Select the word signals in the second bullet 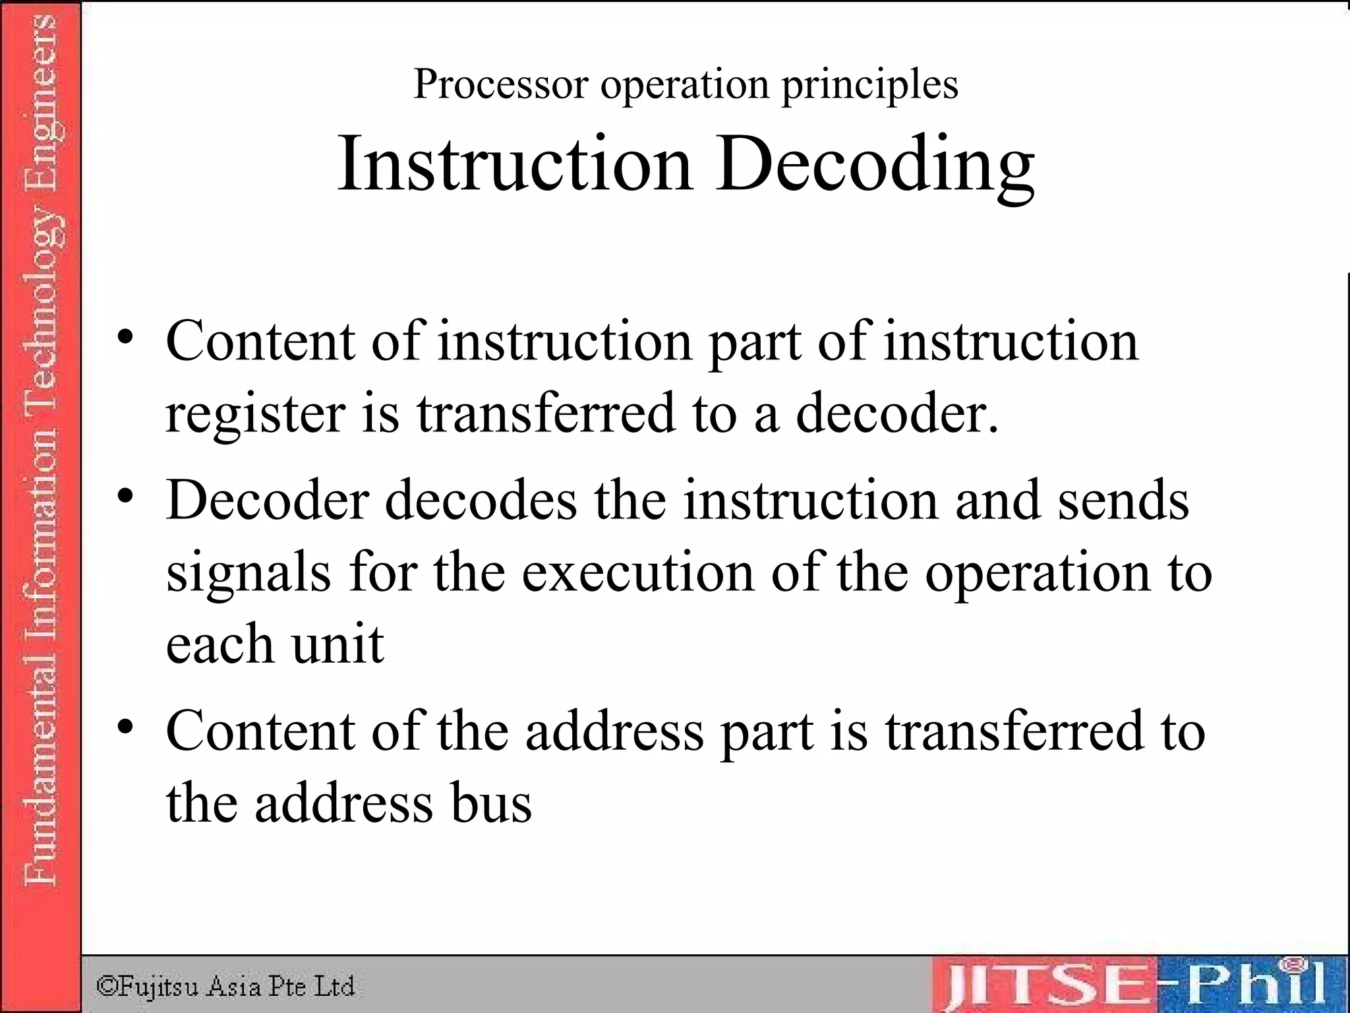(x=249, y=572)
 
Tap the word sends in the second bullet (x=1123, y=500)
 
